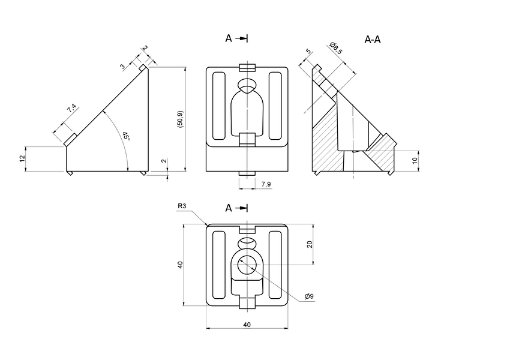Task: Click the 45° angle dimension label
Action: (125, 137)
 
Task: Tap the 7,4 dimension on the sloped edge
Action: (72, 109)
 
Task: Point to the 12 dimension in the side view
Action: (22, 158)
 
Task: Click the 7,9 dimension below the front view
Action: (266, 184)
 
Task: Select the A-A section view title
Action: (373, 40)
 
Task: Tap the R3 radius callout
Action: (182, 206)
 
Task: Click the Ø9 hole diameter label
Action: (309, 296)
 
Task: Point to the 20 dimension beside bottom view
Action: (310, 244)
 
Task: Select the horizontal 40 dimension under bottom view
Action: (247, 324)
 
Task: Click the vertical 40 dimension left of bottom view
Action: (180, 265)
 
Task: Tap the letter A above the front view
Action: (229, 38)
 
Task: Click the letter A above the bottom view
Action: (229, 208)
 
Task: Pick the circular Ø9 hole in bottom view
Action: (247, 263)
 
